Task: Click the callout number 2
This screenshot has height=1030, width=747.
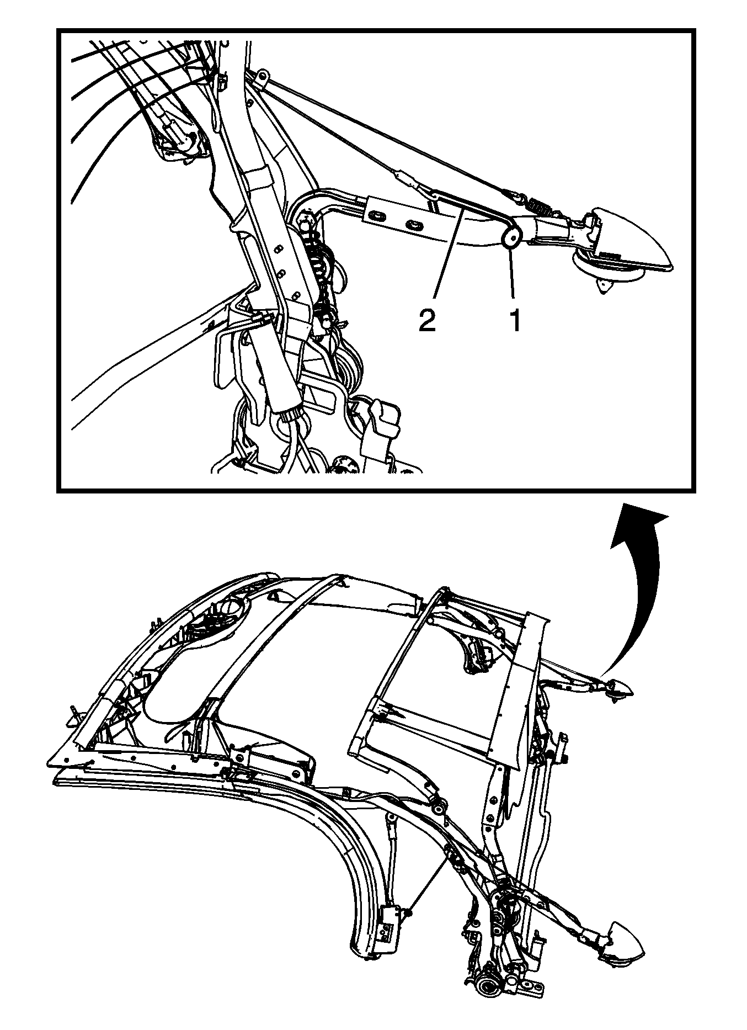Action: (426, 321)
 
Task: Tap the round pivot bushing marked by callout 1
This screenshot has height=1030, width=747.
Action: (511, 238)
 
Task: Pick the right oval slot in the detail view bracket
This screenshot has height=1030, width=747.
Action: (414, 225)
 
